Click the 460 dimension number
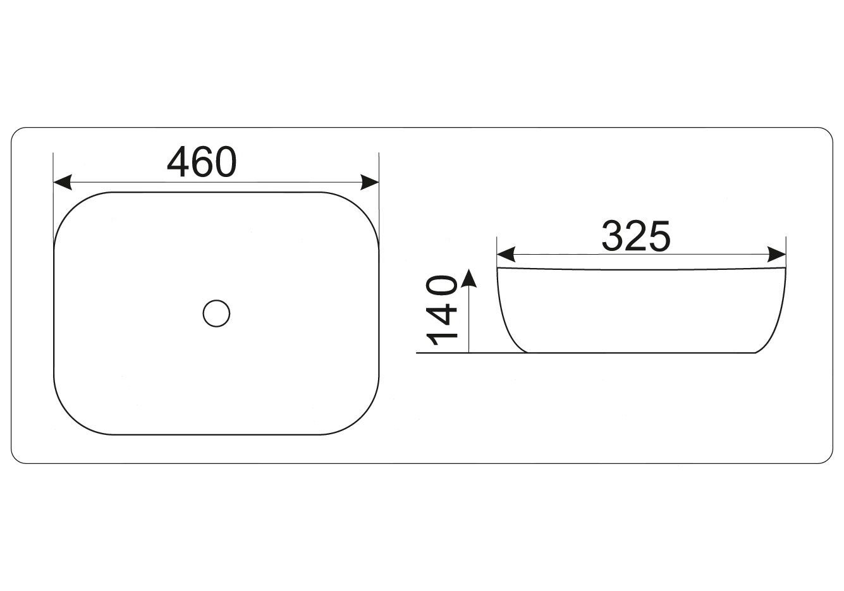pos(202,162)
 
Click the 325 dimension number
pos(636,236)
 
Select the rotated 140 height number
pos(441,311)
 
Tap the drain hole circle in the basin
pos(216,314)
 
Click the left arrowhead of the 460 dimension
pos(63,182)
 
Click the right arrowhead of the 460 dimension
pos(370,182)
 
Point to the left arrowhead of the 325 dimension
pos(506,255)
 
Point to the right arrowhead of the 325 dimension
pos(776,255)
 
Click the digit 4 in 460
pos(178,162)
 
